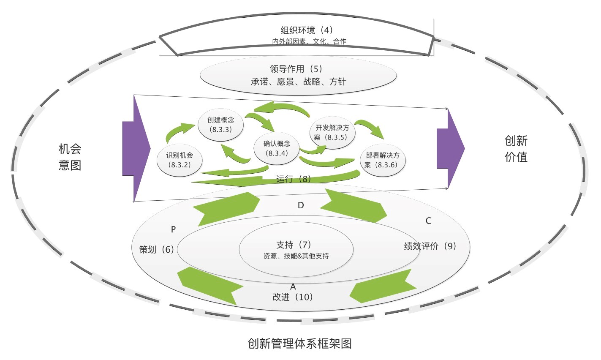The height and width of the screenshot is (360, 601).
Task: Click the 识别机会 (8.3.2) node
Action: (179, 160)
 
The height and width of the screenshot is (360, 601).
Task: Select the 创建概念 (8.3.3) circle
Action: (220, 124)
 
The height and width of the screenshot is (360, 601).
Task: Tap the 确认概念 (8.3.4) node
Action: (277, 148)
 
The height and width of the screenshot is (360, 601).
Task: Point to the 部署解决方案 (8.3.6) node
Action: (382, 160)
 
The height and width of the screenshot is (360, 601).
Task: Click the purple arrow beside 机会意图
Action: (136, 148)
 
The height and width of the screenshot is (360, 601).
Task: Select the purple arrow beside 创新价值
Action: (451, 148)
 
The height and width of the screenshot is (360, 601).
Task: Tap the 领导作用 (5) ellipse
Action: (298, 75)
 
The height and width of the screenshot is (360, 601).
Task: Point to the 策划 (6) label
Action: (156, 250)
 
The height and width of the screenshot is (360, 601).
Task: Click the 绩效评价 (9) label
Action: (430, 246)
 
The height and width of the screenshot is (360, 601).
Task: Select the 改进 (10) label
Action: (293, 297)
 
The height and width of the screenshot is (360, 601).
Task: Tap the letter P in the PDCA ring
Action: (173, 229)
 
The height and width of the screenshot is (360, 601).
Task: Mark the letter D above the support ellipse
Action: (301, 205)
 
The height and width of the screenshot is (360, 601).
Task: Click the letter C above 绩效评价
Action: (428, 221)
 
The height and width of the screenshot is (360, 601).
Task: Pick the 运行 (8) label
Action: (294, 179)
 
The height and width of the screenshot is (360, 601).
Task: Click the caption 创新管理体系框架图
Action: (299, 343)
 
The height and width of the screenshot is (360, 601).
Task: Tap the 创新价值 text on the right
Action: (516, 149)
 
